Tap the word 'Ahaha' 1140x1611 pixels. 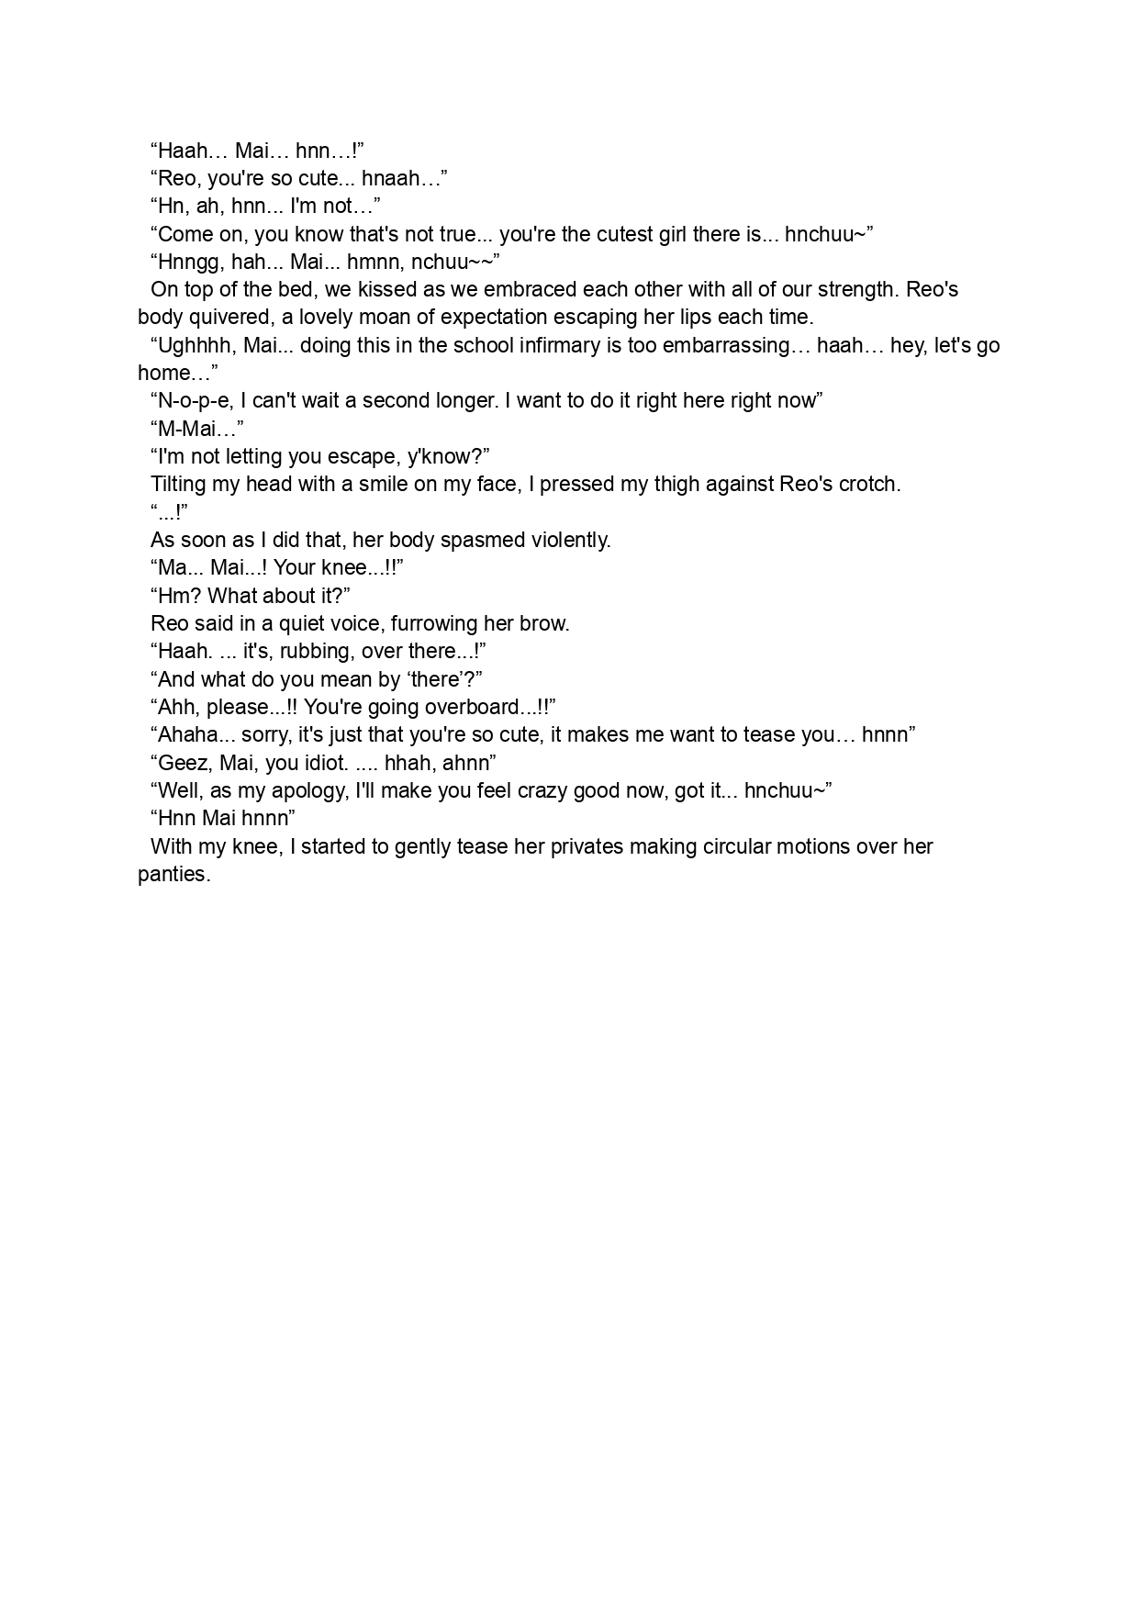coord(184,735)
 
